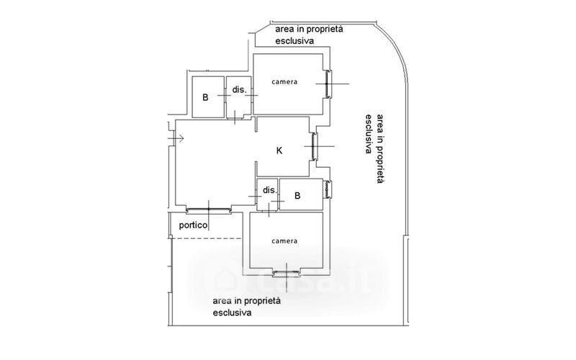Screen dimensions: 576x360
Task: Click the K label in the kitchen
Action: click(280, 150)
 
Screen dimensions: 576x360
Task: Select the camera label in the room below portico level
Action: click(284, 240)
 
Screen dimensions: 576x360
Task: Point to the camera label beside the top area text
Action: click(284, 81)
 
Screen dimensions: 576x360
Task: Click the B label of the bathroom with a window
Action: click(297, 195)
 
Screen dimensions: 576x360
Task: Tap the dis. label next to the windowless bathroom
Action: click(240, 91)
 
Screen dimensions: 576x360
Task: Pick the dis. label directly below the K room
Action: click(269, 190)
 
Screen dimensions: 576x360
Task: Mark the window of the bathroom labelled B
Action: click(328, 190)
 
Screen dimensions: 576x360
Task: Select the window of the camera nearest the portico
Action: click(286, 272)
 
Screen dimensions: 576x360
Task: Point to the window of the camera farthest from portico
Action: click(330, 85)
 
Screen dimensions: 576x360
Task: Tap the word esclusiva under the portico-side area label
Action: click(232, 313)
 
